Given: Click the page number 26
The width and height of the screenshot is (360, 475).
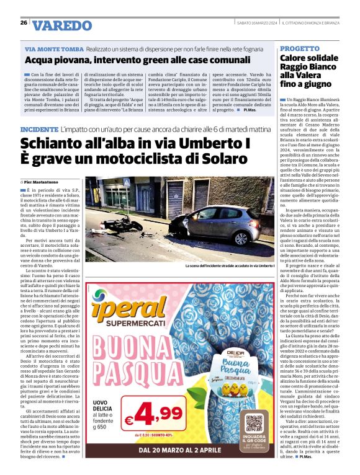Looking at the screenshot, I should [x=24, y=23].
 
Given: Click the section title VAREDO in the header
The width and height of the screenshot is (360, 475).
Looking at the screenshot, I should [x=61, y=25].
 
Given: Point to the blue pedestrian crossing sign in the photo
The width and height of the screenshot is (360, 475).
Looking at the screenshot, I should [x=127, y=184].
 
